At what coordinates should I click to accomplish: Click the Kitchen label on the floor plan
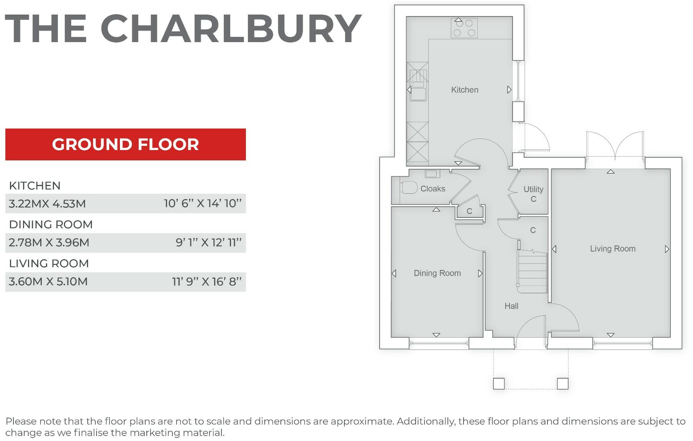(464, 90)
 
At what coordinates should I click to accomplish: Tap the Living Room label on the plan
(613, 249)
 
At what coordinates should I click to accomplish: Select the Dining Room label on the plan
(437, 273)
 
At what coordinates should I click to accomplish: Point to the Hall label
(511, 306)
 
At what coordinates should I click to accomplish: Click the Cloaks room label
(433, 189)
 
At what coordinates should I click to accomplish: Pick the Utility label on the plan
(533, 189)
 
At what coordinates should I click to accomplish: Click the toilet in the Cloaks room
(408, 188)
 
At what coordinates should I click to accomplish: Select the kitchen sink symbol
(418, 92)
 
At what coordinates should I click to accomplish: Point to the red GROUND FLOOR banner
(125, 144)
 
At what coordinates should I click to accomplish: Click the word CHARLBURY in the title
(231, 29)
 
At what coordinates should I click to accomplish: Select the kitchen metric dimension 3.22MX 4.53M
(47, 204)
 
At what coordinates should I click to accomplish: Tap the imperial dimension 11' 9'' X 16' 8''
(207, 282)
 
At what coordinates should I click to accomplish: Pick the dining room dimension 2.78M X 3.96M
(49, 243)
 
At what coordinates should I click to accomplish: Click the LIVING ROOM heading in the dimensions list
(49, 263)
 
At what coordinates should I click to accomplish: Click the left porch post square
(498, 383)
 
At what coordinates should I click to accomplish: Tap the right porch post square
(562, 383)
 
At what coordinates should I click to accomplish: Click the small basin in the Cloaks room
(431, 174)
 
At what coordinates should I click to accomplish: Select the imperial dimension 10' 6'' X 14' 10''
(203, 204)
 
